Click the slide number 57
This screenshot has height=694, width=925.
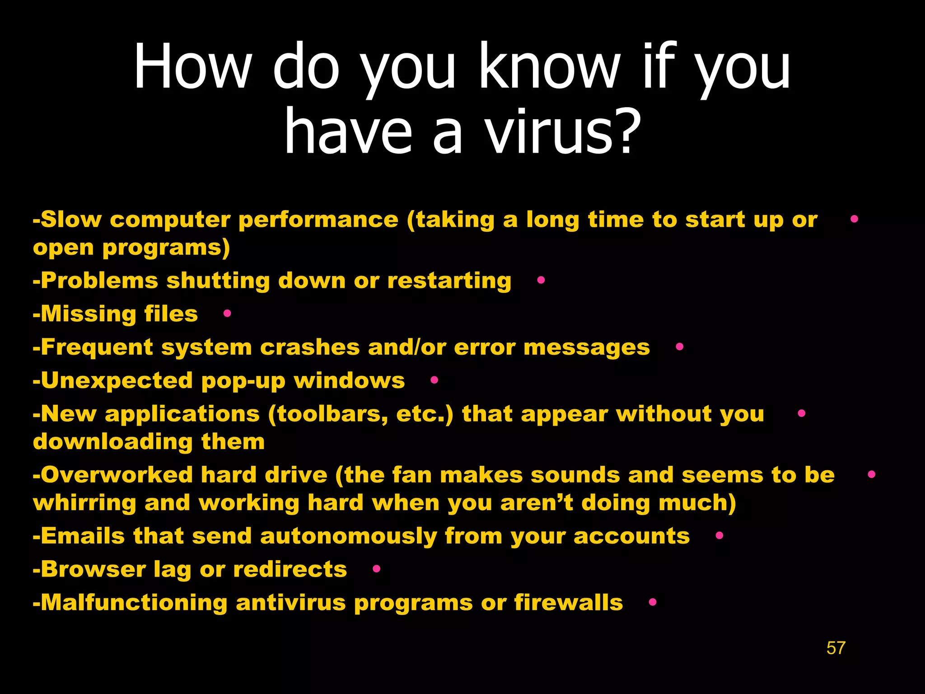(836, 648)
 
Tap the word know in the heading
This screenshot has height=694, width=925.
(549, 67)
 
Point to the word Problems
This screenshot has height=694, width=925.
(99, 281)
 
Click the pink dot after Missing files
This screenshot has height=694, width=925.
(227, 313)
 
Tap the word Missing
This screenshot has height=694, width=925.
(88, 314)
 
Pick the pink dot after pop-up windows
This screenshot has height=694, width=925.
(434, 380)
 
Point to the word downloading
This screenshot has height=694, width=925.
(112, 441)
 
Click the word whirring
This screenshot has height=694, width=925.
(84, 503)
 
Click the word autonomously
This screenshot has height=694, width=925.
(348, 536)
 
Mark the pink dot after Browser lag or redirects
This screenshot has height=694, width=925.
(376, 569)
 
